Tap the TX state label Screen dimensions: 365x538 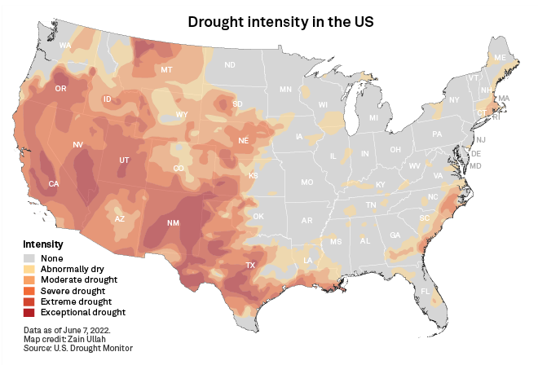pyautogui.click(x=251, y=266)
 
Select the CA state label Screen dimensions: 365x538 pyautogui.click(x=54, y=184)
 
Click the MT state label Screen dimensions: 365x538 pyautogui.click(x=166, y=71)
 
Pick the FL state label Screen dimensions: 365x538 pyautogui.click(x=425, y=291)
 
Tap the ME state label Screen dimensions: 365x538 pyautogui.click(x=500, y=58)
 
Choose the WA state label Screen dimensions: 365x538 pyautogui.click(x=65, y=45)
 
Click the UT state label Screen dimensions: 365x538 pyautogui.click(x=125, y=160)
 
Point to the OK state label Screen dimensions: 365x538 pyautogui.click(x=258, y=216)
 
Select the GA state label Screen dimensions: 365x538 pyautogui.click(x=395, y=235)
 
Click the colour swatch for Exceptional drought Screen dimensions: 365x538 pyautogui.click(x=29, y=312)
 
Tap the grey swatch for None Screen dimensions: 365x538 pyautogui.click(x=29, y=259)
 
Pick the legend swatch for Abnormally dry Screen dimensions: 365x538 pyautogui.click(x=29, y=270)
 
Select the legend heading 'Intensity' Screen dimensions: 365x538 pyautogui.click(x=43, y=244)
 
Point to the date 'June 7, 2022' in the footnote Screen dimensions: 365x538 pyautogui.click(x=89, y=330)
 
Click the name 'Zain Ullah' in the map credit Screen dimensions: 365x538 pyautogui.click(x=88, y=339)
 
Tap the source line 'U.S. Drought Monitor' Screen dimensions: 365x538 pyautogui.click(x=95, y=348)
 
